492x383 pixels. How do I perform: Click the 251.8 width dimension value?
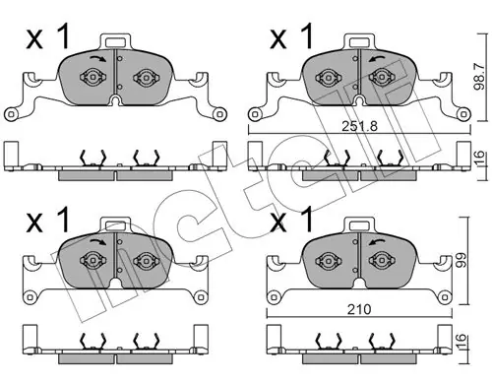(x=359, y=126)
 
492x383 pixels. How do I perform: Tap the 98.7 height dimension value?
(x=479, y=77)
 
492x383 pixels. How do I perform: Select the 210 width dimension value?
(x=359, y=309)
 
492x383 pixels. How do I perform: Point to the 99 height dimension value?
(x=461, y=260)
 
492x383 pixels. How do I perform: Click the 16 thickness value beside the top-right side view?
(x=479, y=159)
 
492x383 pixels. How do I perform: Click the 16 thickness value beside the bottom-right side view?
(x=461, y=342)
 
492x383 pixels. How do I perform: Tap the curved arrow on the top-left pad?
(x=97, y=58)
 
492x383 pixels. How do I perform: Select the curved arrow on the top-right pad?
(x=377, y=59)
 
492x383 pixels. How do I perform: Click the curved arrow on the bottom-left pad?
(x=97, y=242)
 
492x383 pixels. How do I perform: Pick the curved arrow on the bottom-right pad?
(x=377, y=242)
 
